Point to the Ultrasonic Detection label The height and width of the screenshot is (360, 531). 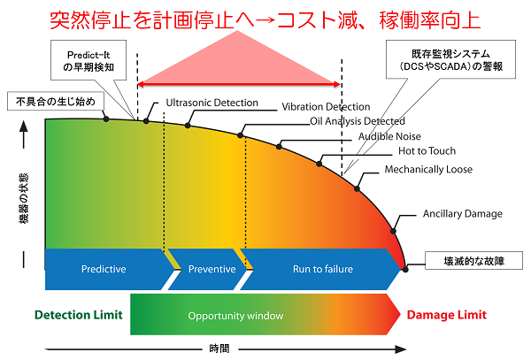(212, 103)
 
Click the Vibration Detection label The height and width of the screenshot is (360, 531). (325, 107)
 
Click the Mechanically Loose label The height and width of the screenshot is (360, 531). (428, 169)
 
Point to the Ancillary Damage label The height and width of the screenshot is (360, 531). (462, 213)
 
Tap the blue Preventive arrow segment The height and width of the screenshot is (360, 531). (212, 269)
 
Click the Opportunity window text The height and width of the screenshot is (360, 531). (235, 315)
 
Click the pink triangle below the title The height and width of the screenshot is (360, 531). (239, 58)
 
